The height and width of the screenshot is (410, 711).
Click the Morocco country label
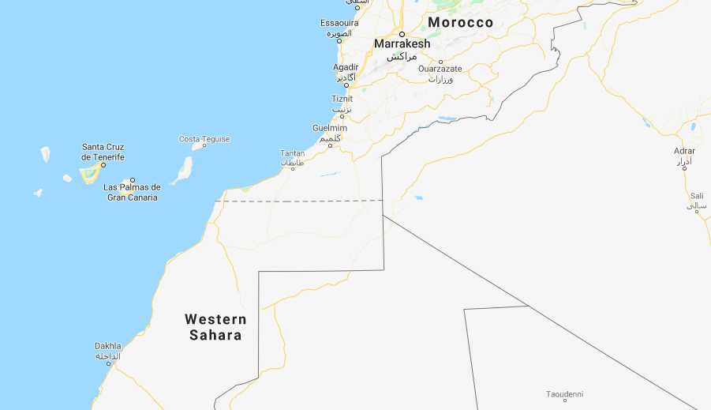460,23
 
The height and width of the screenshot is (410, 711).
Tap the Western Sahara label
215,327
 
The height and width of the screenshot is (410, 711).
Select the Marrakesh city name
402,44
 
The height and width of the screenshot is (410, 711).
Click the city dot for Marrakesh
402,34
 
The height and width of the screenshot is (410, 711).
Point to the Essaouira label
339,23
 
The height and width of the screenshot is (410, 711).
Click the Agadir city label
346,67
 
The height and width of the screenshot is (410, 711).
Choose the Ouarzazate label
440,69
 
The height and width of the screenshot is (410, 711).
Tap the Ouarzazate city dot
440,61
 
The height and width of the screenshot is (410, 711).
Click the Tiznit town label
342,99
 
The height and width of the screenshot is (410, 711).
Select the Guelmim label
329,128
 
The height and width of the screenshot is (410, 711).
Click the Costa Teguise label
204,139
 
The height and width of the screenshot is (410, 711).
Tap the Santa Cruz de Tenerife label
103,152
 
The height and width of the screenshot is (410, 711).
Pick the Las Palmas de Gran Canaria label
133,192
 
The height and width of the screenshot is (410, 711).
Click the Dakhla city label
108,346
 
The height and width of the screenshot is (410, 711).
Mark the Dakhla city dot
109,363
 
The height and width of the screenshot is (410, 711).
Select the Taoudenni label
565,393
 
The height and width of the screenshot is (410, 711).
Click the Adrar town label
684,151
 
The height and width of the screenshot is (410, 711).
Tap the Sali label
696,196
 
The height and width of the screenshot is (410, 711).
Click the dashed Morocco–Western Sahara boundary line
300,201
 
